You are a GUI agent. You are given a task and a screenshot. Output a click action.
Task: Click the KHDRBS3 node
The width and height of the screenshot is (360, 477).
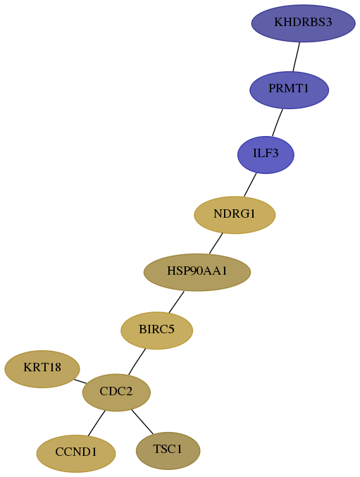pos(303,23)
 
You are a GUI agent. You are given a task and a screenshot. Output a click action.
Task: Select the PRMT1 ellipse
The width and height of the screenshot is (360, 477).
pos(289,89)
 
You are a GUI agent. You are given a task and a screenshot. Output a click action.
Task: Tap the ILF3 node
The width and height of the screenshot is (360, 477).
pos(266,155)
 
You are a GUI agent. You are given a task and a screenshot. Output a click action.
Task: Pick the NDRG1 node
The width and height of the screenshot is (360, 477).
pos(235,215)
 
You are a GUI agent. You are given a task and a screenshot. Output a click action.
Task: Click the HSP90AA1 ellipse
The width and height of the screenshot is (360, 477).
pos(197,272)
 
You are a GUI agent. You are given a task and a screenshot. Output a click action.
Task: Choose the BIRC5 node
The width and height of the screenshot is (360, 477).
pos(157,330)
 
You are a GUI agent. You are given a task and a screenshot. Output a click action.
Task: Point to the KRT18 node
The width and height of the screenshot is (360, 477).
pos(42,369)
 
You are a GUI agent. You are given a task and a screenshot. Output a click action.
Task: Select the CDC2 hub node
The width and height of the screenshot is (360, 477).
pos(116,392)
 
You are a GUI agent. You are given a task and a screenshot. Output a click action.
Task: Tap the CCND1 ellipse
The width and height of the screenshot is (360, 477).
pos(76,454)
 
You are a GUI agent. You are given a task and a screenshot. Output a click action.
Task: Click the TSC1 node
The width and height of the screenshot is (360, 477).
pos(168,450)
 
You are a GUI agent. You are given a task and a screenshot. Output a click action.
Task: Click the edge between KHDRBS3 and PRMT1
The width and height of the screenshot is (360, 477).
pos(297,57)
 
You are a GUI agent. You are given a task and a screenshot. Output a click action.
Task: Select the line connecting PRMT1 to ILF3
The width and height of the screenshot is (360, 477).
pos(278,123)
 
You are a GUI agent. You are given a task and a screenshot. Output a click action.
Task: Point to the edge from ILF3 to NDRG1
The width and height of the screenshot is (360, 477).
pos(250,185)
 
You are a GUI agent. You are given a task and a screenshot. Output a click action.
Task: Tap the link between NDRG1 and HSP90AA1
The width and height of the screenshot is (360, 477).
pos(216,243)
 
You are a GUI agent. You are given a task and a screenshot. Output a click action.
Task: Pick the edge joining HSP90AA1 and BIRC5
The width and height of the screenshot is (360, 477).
pos(176,302)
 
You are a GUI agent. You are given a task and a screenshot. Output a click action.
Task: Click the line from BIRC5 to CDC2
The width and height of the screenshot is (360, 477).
pos(137,361)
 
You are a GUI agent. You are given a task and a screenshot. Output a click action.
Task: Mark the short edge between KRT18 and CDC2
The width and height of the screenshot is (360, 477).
pos(80,381)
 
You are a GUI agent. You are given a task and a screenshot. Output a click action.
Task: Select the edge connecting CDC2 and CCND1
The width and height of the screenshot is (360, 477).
pos(97,423)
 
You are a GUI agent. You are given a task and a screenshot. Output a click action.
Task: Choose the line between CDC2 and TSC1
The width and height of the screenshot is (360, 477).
pos(142,421)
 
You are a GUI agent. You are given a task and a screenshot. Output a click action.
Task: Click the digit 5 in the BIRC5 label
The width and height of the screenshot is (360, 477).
pos(171,329)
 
